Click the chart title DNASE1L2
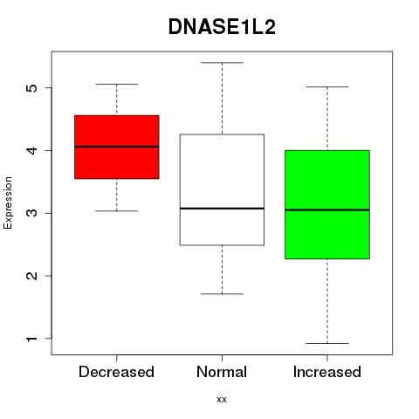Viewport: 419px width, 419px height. [222, 27]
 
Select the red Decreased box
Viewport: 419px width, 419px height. [117, 147]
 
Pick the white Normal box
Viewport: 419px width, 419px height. [222, 189]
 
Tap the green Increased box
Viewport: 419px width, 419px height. [327, 204]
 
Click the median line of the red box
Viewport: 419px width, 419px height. [117, 147]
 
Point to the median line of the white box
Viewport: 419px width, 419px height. [222, 209]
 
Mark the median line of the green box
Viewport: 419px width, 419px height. [327, 209]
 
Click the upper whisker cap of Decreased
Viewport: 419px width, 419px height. [117, 84]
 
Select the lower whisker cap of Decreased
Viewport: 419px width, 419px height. [117, 210]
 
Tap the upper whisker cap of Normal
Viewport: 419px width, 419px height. [222, 63]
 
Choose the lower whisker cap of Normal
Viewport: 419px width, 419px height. [222, 294]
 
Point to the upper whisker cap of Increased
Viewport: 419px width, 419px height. [327, 86]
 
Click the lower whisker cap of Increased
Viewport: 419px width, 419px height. [327, 343]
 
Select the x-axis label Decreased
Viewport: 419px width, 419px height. [116, 372]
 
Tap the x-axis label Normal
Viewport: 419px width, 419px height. [222, 372]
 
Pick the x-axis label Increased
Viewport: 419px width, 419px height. [327, 372]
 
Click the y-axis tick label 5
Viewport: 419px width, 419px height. [32, 88]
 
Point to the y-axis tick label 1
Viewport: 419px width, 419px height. [32, 339]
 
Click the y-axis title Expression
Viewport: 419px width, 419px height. [8, 203]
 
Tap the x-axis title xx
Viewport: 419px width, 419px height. [222, 400]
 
